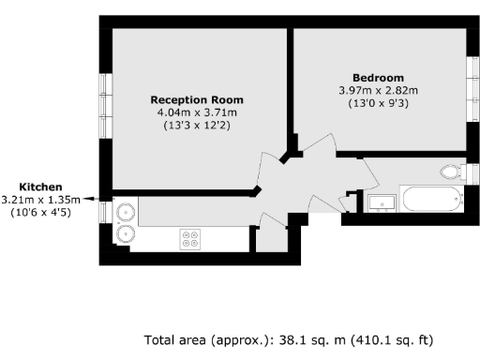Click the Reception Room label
tap(197, 99)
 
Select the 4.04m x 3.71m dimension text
tap(197, 112)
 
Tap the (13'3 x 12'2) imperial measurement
tap(197, 126)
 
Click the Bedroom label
tap(378, 77)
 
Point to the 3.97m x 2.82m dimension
tap(378, 90)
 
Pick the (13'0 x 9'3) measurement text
tap(378, 103)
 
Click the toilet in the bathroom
tap(452, 172)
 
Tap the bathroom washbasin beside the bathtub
tap(381, 202)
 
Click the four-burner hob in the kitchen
tap(191, 238)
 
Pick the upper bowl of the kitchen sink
tap(126, 213)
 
